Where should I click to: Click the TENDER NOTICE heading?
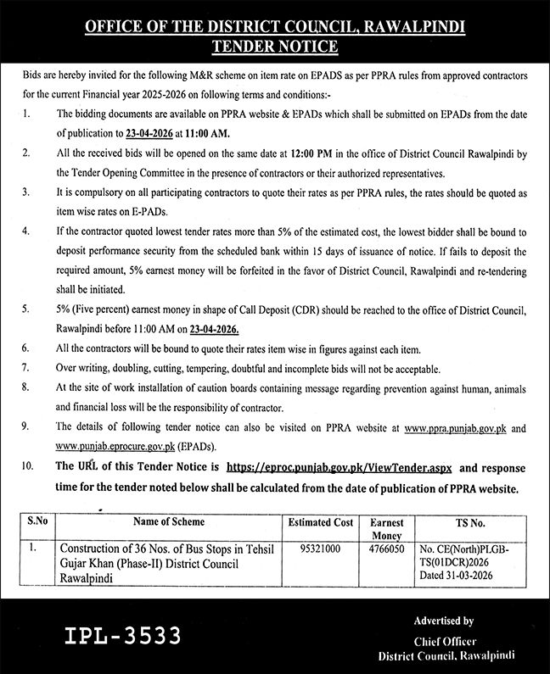(274, 47)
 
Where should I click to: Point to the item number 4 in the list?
(27, 231)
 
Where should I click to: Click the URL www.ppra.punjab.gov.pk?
(457, 429)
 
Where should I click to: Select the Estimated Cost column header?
(321, 523)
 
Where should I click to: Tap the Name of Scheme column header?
(169, 523)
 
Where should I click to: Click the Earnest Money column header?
(387, 529)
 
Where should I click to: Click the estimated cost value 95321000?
(320, 549)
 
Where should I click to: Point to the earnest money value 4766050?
(387, 549)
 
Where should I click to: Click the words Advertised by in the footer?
(444, 621)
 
